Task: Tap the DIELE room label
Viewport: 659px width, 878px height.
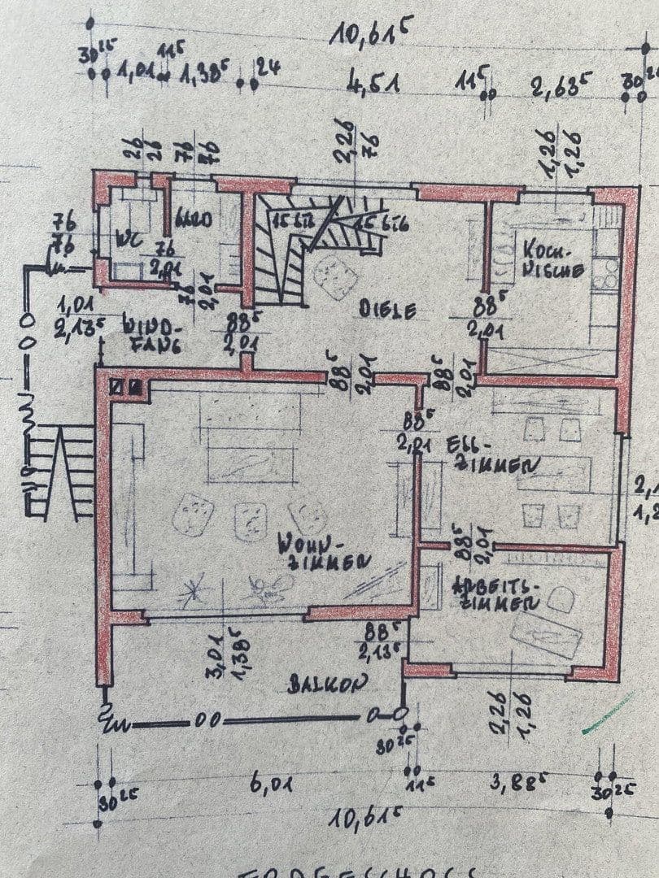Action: click(x=388, y=310)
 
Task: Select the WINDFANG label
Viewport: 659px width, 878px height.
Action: click(x=151, y=334)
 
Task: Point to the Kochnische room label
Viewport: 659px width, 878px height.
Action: click(x=552, y=257)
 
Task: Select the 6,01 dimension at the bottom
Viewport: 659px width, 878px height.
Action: click(x=273, y=785)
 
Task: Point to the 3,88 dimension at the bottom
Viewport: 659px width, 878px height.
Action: click(x=514, y=786)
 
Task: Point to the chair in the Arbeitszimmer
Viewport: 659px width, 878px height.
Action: click(x=562, y=600)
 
